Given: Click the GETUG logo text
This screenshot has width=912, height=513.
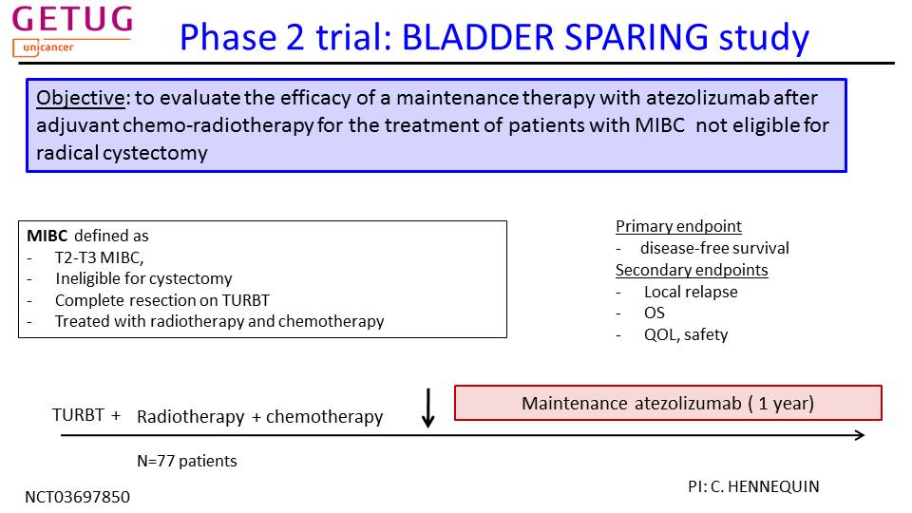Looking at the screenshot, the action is coord(72,20).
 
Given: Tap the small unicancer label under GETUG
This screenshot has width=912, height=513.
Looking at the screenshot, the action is coord(48,47).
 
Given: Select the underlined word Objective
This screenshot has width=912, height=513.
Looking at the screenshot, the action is coord(80,98).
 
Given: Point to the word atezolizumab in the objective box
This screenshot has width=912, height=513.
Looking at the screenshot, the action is coord(707,98).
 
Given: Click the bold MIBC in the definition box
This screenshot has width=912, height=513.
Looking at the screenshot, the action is coord(47,236).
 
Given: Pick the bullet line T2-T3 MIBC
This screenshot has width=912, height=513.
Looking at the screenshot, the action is coord(99,257).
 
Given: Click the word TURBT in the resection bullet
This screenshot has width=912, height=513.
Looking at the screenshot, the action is coord(246,300).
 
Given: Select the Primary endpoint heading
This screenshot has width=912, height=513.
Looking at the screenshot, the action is coord(678,226).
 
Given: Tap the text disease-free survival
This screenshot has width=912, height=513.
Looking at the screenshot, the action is coord(714,248).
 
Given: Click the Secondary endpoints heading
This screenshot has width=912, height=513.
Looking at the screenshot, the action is coord(692,270).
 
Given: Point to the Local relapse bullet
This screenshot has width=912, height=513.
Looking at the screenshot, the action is coord(691,292).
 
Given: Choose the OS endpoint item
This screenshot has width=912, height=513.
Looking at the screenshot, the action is coord(654,313).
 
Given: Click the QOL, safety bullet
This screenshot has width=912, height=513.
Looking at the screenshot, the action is coord(686,334).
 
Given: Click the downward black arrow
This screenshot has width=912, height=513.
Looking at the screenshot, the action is coord(428,408).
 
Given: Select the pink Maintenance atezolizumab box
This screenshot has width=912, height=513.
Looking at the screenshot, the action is coord(668,403).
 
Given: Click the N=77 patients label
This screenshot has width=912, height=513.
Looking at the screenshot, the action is coord(187,461).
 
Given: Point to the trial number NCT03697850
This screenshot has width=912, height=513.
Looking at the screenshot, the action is coord(77,497).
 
